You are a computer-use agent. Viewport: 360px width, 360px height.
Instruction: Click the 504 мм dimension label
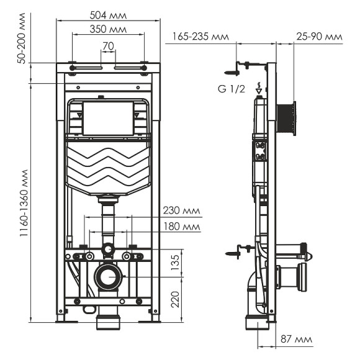pyautogui.click(x=109, y=14)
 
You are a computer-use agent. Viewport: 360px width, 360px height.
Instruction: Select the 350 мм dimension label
pyautogui.click(x=109, y=29)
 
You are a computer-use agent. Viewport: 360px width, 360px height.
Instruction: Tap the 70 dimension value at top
pyautogui.click(x=108, y=45)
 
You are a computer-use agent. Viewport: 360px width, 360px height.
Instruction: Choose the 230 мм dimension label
pyautogui.click(x=181, y=210)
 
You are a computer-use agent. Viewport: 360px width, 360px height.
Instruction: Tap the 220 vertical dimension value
pyautogui.click(x=176, y=300)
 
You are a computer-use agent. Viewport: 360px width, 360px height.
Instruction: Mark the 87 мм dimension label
pyautogui.click(x=294, y=338)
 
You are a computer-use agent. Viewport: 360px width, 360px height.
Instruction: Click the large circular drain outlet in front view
pyautogui.click(x=109, y=276)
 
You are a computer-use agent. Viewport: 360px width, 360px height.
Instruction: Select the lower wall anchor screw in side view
pyautogui.click(x=235, y=253)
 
